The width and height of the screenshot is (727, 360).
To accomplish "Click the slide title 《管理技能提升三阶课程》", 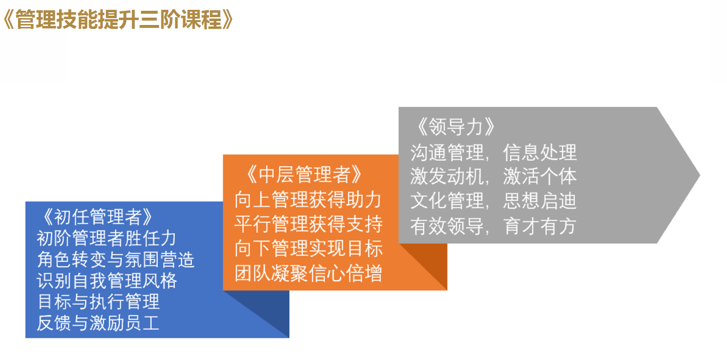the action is click(118, 20).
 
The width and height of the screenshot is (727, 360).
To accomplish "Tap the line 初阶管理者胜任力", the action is click(106, 238).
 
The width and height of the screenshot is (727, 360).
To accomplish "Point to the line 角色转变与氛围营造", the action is click(116, 260).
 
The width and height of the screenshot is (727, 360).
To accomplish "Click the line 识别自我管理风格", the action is click(107, 281).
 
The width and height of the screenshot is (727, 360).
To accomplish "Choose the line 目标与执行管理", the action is click(98, 302).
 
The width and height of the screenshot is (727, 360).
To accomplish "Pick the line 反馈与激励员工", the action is click(98, 323).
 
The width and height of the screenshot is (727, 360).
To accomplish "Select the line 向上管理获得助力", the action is click(308, 199).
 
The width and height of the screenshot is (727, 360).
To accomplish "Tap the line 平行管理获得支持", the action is click(308, 224).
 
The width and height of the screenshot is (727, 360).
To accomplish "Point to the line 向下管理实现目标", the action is click(308, 248).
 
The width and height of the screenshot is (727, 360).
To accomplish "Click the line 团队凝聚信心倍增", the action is click(308, 273).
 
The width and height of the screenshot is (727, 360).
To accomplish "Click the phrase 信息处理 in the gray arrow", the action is click(539, 152).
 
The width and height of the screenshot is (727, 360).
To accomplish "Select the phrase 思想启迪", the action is click(539, 201).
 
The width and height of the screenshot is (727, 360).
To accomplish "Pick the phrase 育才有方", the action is click(539, 226).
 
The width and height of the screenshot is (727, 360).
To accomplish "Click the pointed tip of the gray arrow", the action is click(700, 175).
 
